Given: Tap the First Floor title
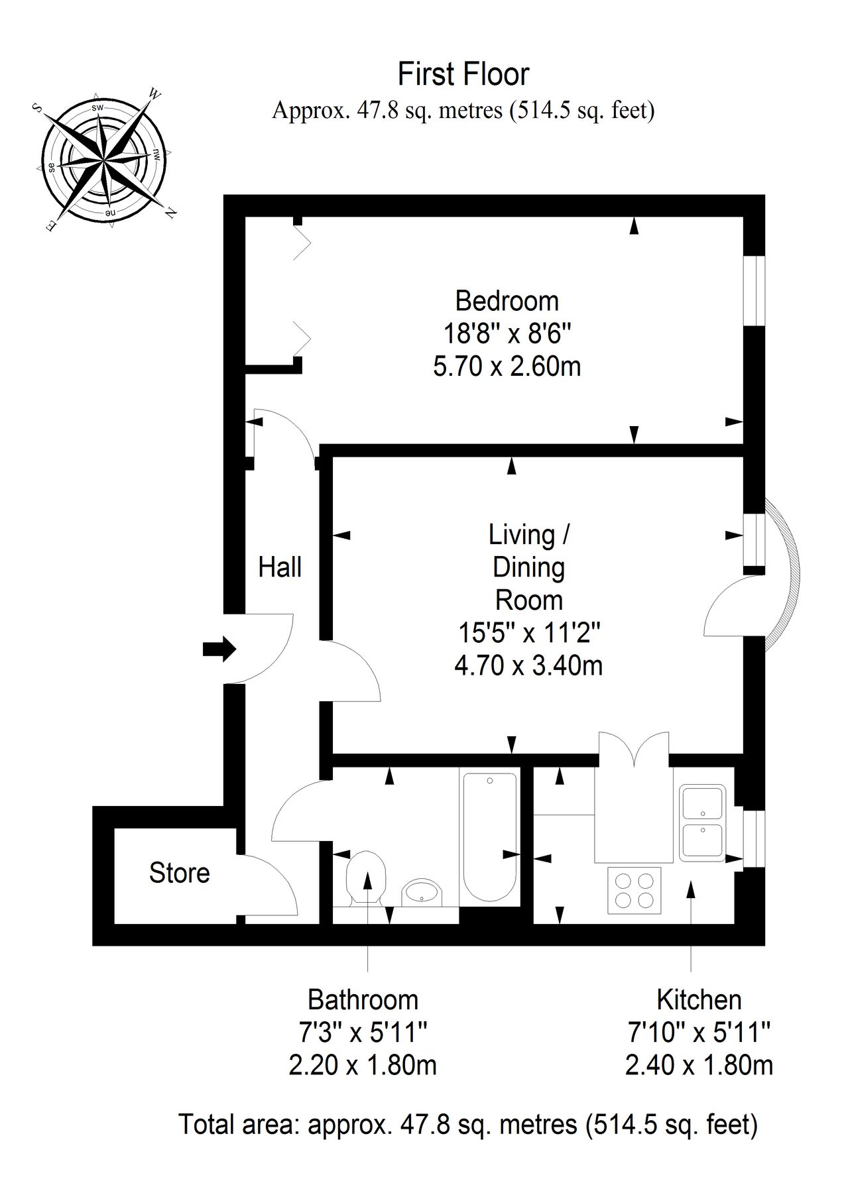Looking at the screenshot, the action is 463,74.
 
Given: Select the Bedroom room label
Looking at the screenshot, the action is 507,301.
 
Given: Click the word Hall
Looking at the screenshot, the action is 280,567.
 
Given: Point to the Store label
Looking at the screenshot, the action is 179,873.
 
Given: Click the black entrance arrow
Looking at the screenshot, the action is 219,649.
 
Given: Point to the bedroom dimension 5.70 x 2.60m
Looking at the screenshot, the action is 507,366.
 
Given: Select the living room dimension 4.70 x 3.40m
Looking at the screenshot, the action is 528,665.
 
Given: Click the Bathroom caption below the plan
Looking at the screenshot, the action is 363,999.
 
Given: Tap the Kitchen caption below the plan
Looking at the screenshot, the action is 699,999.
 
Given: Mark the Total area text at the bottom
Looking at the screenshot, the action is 468,1125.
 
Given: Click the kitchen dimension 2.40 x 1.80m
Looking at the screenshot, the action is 699,1065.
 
